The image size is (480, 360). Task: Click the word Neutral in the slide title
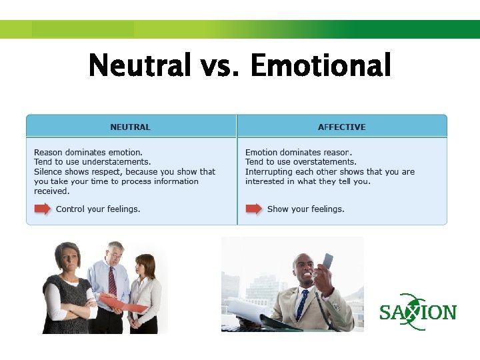click(x=140, y=66)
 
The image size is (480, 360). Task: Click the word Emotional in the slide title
click(x=321, y=66)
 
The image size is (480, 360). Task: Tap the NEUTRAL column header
click(x=130, y=127)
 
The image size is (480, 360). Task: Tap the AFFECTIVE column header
click(x=341, y=127)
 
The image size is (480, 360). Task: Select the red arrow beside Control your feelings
click(x=43, y=209)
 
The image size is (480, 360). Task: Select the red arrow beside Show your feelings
click(x=254, y=209)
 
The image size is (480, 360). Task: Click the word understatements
click(x=118, y=162)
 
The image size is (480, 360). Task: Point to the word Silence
click(x=49, y=172)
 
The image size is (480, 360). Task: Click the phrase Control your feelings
click(x=98, y=209)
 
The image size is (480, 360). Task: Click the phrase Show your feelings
click(x=305, y=209)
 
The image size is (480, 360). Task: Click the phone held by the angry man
click(x=327, y=263)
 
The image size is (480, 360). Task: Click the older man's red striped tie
click(x=113, y=280)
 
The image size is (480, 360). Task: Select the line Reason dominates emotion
click(x=88, y=153)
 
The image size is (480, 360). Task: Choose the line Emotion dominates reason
click(x=299, y=153)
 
